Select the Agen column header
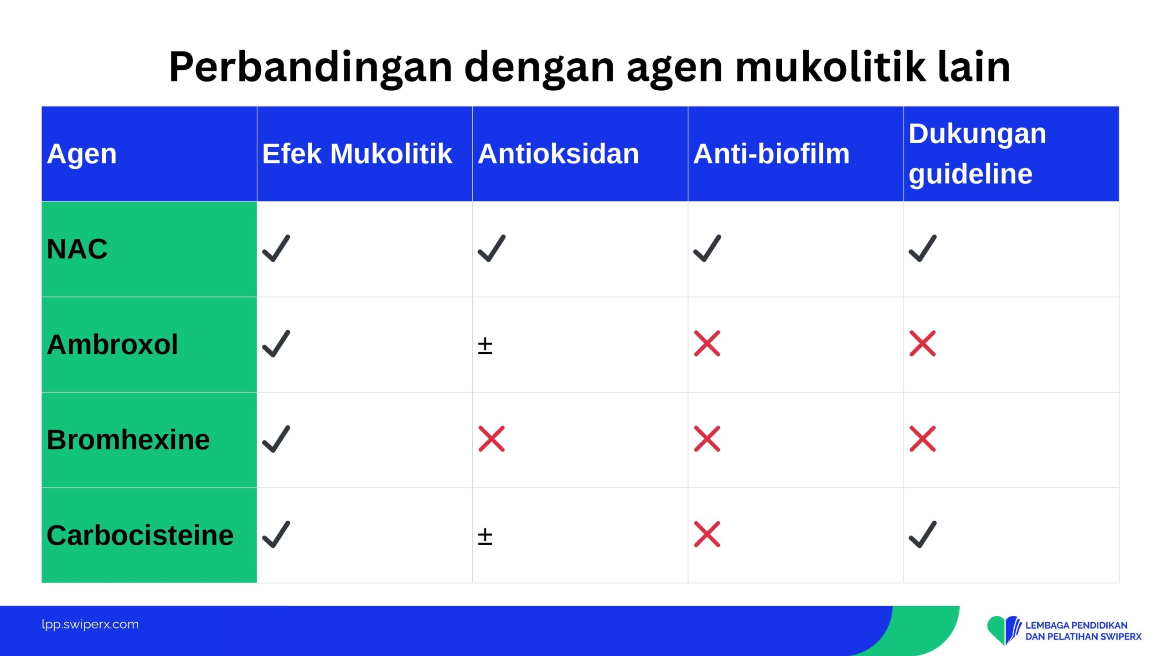click(82, 154)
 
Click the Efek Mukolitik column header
click(357, 154)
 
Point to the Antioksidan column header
click(558, 154)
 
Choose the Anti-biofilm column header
click(771, 154)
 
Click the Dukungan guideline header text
click(977, 154)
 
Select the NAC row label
click(77, 249)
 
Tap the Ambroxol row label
click(112, 344)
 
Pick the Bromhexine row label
click(128, 440)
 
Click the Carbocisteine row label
click(140, 535)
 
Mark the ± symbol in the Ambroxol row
click(485, 346)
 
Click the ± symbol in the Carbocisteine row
click(485, 537)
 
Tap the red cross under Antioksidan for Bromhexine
click(491, 439)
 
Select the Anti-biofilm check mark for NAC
click(707, 248)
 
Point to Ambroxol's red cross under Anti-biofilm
click(707, 343)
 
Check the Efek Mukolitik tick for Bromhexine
click(276, 439)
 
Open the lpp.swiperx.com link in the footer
click(90, 625)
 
